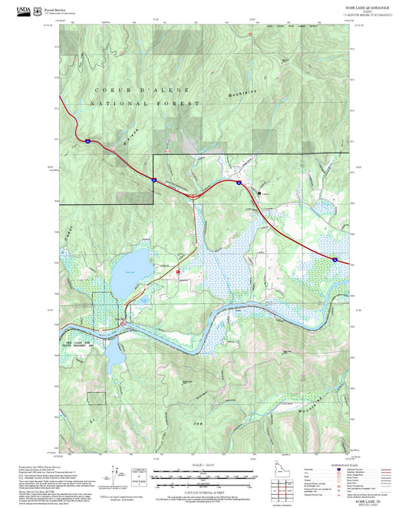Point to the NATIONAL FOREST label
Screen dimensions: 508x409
tap(145, 103)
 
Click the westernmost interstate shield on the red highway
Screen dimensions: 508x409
tap(88, 140)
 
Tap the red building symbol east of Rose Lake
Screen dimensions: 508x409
tap(179, 271)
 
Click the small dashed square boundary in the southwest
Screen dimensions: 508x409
tap(96, 397)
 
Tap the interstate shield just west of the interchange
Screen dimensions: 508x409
tap(153, 179)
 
